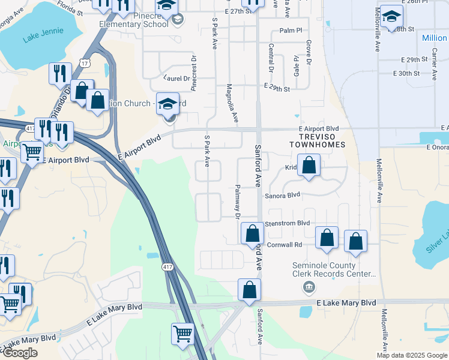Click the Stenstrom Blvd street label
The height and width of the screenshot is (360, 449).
pos(287,223)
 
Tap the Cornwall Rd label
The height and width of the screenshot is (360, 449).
pos(285,245)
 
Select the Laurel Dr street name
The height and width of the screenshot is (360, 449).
pos(176,77)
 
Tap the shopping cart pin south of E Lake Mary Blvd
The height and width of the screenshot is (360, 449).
pos(182,334)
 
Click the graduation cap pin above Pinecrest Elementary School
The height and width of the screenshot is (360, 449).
pos(165,6)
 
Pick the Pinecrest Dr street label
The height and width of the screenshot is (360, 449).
pos(194,74)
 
